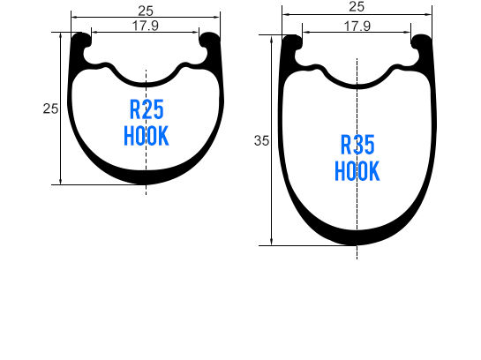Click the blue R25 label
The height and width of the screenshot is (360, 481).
147,111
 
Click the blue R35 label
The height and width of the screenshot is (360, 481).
357,145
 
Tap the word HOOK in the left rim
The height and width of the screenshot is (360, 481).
147,137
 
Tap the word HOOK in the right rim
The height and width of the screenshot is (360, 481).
357,170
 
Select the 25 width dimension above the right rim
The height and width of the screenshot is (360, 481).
357,6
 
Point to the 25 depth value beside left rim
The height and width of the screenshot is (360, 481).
50,109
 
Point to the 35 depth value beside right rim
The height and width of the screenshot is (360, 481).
261,140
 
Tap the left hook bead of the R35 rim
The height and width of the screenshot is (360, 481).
294,43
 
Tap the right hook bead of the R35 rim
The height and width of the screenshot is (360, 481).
421,43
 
